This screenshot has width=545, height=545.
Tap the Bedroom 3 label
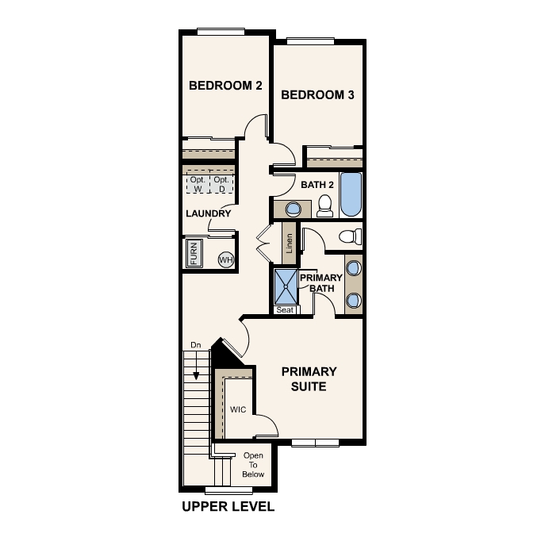point(317,95)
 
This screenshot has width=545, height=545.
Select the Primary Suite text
point(309,378)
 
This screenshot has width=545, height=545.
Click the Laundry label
point(208,213)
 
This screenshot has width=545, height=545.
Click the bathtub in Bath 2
point(350,195)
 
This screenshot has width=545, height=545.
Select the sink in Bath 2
point(293,209)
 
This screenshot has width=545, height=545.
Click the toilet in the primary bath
point(349,236)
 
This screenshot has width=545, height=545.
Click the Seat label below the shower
point(285,310)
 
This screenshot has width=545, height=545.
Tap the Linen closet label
point(290,245)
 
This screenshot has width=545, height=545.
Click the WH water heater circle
point(225,259)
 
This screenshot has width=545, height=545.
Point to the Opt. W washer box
point(196,185)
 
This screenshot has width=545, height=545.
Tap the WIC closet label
point(239,410)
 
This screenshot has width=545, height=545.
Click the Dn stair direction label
point(195,345)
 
